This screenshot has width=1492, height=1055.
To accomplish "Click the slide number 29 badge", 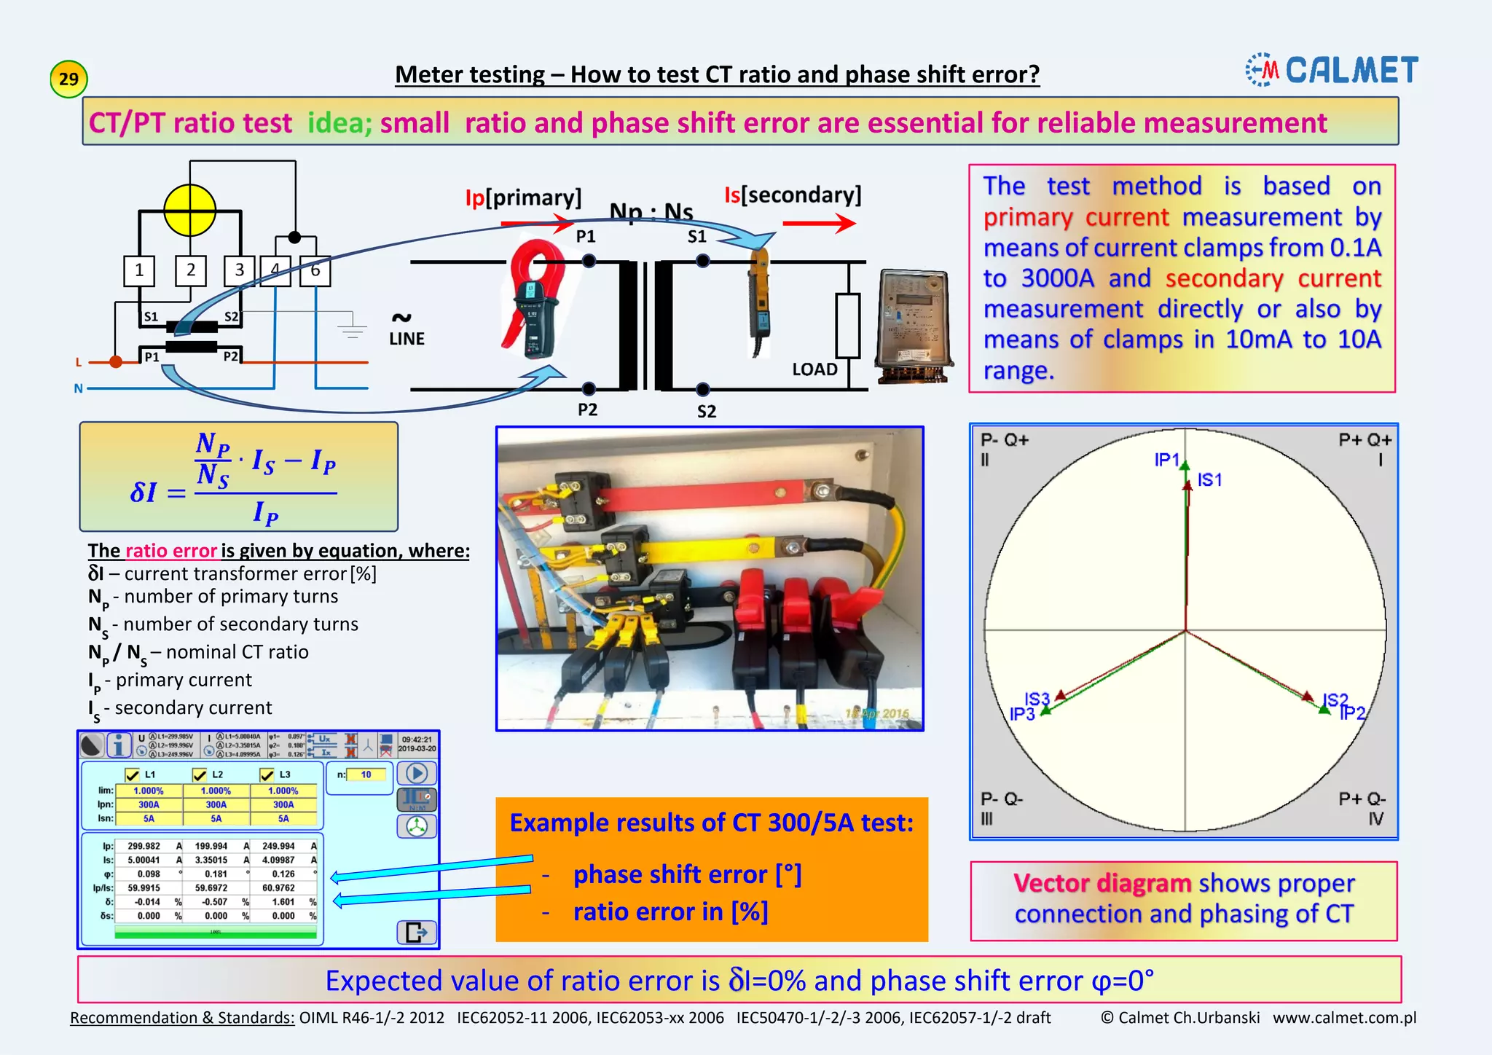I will (68, 79).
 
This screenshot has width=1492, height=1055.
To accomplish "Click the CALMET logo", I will (1332, 70).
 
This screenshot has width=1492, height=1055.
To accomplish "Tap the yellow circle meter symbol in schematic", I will (190, 210).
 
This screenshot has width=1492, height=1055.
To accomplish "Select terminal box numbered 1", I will (139, 270).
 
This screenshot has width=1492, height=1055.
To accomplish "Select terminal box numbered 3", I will (239, 270).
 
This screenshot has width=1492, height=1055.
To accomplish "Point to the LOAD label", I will (814, 369).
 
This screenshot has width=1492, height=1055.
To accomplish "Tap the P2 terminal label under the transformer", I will (587, 409).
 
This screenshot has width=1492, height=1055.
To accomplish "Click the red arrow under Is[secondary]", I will (819, 223).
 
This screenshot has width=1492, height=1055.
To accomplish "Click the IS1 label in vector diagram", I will (1209, 479).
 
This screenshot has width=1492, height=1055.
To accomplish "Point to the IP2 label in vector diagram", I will (1352, 713).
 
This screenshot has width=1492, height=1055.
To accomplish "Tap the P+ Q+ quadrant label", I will (1365, 440).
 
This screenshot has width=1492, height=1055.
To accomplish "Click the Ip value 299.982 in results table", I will (144, 846).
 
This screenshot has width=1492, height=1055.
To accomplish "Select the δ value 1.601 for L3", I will (283, 902).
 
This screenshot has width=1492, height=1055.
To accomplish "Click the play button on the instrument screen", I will (416, 774).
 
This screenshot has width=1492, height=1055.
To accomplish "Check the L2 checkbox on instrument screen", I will (200, 774).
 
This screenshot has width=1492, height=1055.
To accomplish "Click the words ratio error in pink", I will (171, 550).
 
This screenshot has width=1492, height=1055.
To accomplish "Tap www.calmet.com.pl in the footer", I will (1344, 1017).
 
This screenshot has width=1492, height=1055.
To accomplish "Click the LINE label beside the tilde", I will (407, 339).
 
